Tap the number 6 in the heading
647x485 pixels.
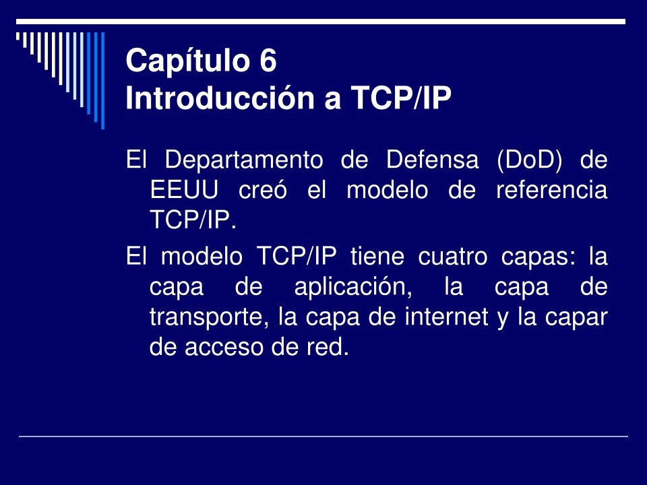[267, 61]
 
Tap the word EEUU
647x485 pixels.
[183, 190]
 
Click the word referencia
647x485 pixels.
[551, 190]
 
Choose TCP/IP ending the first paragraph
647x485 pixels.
[192, 219]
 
